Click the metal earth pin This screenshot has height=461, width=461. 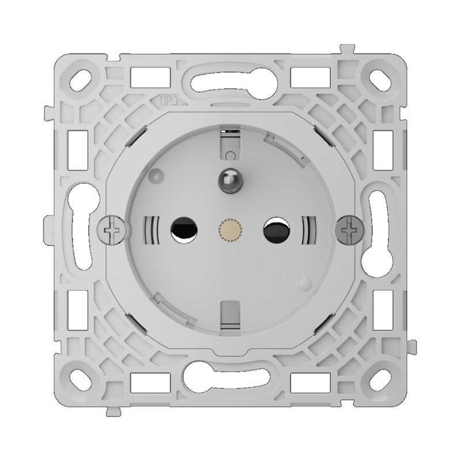coord(229,180)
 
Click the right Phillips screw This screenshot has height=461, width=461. coord(347,231)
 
